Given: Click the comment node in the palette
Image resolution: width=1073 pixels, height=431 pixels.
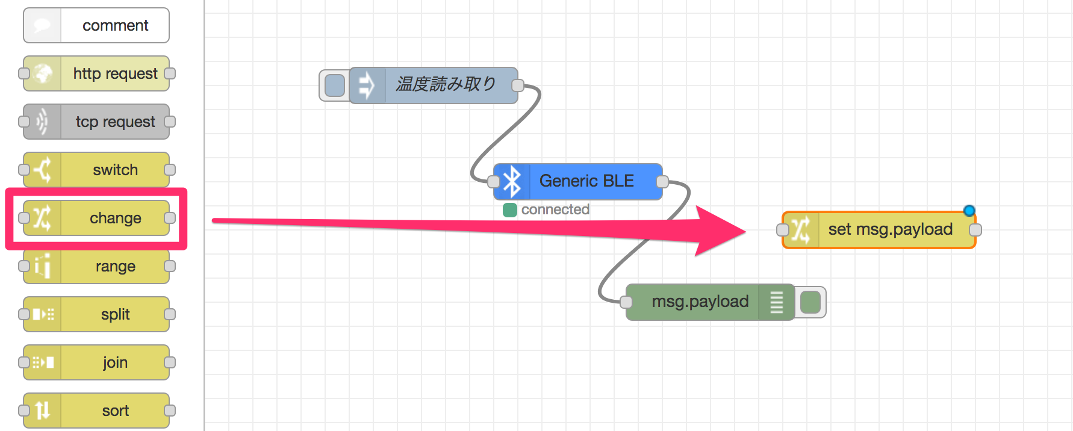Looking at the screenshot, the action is click(x=96, y=25).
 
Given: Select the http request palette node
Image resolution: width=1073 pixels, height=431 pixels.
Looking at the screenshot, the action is click(x=96, y=73).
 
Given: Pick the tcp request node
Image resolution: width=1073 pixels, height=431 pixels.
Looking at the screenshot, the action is click(x=96, y=122).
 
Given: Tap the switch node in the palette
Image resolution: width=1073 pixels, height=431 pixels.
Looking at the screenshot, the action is click(x=96, y=170).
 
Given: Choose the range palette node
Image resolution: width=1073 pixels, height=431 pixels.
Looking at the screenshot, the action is click(x=96, y=266).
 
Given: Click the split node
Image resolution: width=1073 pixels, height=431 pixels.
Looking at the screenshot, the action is click(x=96, y=314).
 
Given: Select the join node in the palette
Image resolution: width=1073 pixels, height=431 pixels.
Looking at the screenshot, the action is click(x=96, y=362).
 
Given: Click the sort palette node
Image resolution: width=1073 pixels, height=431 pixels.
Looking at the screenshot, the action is click(x=96, y=411).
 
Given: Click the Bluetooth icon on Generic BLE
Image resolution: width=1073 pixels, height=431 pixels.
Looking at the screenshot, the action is click(x=512, y=181).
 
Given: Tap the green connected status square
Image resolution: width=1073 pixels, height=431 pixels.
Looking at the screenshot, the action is click(x=510, y=210).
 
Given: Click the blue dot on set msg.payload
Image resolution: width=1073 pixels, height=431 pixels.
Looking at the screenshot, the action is click(x=969, y=211).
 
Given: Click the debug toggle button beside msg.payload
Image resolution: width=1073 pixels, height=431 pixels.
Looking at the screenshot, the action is click(x=810, y=302).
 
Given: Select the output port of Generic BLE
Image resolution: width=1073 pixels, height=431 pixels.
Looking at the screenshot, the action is click(x=662, y=182).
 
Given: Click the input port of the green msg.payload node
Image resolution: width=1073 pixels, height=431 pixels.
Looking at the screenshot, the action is click(x=626, y=302).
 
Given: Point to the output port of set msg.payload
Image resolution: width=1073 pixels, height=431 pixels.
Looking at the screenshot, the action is click(x=975, y=230).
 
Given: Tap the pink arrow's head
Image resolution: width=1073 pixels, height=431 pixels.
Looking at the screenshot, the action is click(x=745, y=231).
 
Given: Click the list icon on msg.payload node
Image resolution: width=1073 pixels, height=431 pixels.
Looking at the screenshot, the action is click(x=777, y=302).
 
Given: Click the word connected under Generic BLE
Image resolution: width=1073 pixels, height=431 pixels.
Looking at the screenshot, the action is click(x=555, y=209).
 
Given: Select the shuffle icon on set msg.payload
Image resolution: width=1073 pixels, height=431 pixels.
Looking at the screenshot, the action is click(x=800, y=230).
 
